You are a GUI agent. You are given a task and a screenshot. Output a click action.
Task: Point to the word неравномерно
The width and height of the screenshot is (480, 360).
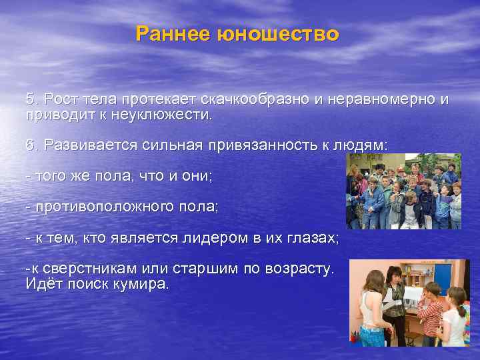tap(381, 100)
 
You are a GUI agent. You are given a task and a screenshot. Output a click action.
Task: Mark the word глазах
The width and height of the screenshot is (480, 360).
tap(313, 238)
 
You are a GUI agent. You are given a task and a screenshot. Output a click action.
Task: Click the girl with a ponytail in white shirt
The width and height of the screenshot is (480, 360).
tap(457, 317)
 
